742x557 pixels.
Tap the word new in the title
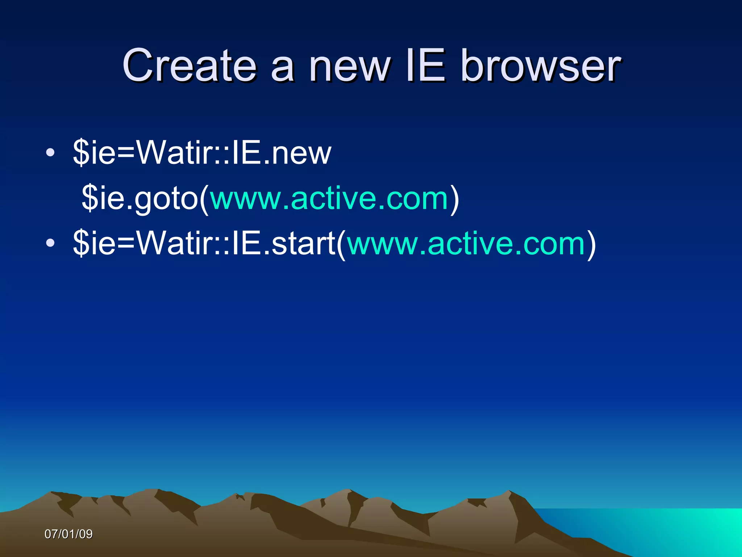tap(349, 66)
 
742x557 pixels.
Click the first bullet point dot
tap(50, 153)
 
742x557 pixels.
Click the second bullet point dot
tap(50, 243)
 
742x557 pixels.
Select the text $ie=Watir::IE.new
tap(202, 153)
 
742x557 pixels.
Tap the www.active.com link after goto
tap(329, 198)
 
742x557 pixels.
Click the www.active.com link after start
tap(466, 244)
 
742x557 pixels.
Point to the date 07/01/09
tap(68, 534)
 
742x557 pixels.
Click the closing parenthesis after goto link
tap(455, 199)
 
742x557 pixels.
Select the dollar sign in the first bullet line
tap(81, 153)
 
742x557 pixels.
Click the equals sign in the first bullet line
tap(125, 153)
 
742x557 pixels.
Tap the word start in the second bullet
tap(304, 244)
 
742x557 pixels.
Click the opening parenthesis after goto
tap(204, 199)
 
